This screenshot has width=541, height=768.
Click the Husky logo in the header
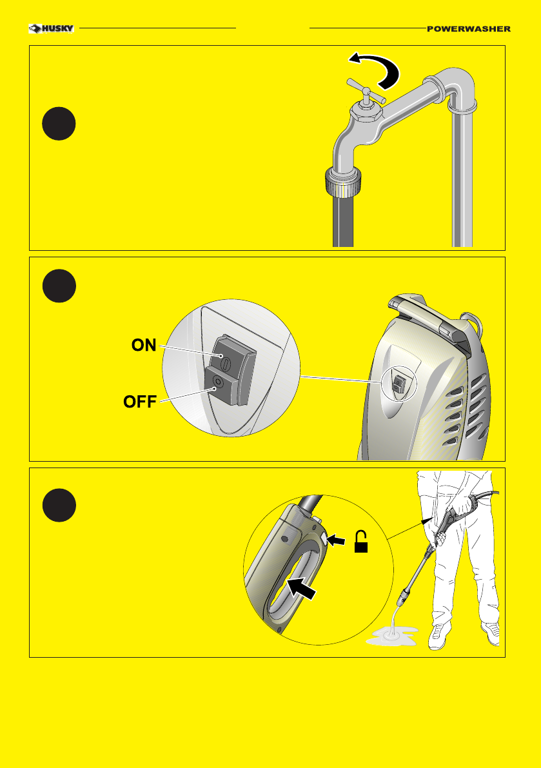(x=52, y=28)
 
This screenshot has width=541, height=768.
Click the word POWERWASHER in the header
(x=469, y=29)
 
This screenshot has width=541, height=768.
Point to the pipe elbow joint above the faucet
(x=453, y=88)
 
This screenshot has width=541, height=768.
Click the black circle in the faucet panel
(x=59, y=123)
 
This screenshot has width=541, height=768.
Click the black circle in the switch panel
(x=59, y=286)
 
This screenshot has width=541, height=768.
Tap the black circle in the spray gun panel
(x=59, y=505)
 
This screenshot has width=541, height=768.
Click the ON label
(x=144, y=345)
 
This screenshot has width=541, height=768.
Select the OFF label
(x=140, y=402)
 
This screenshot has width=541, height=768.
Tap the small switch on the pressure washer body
(x=400, y=382)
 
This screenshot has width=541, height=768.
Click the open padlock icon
(x=361, y=542)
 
